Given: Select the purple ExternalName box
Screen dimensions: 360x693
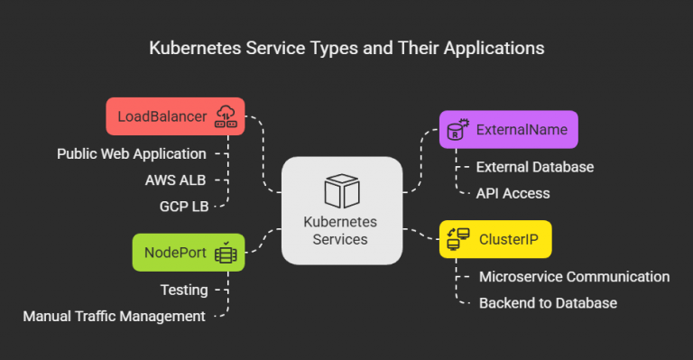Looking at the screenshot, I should [x=508, y=130].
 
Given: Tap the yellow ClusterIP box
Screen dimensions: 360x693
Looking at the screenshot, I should [x=494, y=239].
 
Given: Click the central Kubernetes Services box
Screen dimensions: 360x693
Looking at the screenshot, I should [x=341, y=210].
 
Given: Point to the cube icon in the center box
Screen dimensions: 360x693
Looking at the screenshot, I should [x=342, y=191].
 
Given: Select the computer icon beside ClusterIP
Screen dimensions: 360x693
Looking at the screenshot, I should [x=458, y=239].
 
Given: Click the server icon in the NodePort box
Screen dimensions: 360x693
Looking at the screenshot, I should [x=225, y=254].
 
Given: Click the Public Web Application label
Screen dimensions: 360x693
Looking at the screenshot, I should [x=132, y=154].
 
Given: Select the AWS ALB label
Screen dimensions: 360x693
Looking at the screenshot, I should [x=176, y=180].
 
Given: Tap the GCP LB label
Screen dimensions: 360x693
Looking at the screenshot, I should [x=183, y=207].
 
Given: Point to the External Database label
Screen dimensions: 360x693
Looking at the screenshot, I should [x=534, y=167].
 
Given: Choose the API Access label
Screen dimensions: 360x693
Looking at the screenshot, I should [x=513, y=193].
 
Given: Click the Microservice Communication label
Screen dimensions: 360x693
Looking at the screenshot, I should [x=574, y=277].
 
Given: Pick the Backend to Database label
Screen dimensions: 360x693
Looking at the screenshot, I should [x=548, y=303].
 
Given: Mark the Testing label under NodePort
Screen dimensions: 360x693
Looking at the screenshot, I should [x=184, y=290].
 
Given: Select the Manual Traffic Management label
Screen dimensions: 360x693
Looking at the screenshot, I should [x=114, y=316].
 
